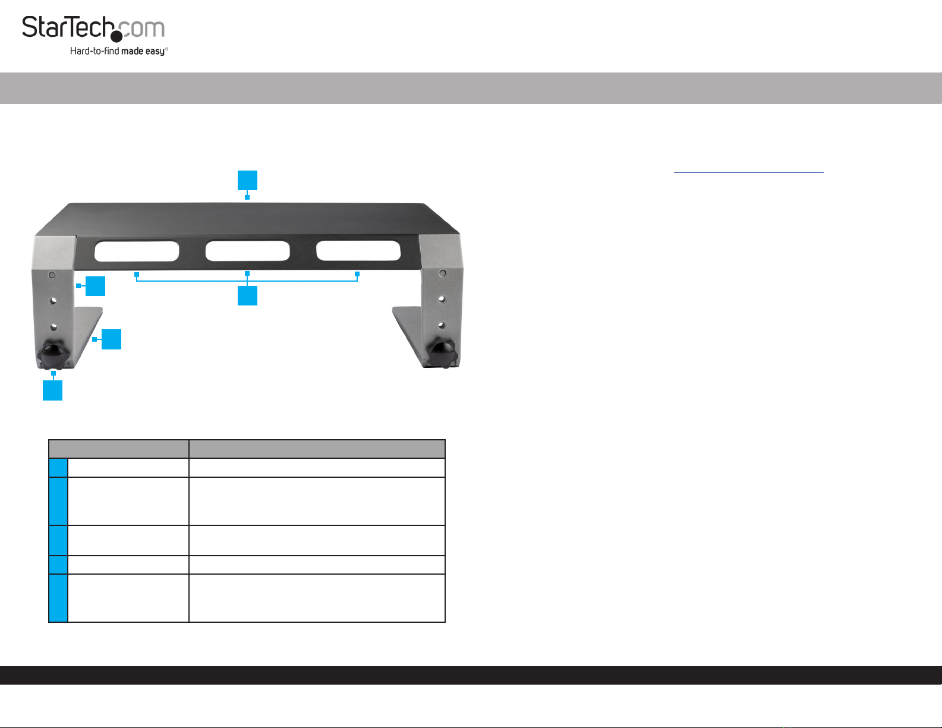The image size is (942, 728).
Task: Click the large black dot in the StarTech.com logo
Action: point(116,36)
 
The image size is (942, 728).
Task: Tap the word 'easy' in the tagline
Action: point(155,52)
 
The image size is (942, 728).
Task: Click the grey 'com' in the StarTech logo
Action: point(142,29)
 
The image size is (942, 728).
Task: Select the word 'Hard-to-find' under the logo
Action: point(94,51)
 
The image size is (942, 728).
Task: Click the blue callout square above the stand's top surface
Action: point(247,180)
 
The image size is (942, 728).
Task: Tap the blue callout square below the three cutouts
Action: point(247,295)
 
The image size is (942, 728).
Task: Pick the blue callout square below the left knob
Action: point(52,390)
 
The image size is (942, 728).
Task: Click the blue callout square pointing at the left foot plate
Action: point(111,339)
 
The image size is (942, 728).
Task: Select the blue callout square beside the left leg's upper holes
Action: point(95,286)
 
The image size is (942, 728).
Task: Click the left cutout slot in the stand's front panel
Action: point(137,251)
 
